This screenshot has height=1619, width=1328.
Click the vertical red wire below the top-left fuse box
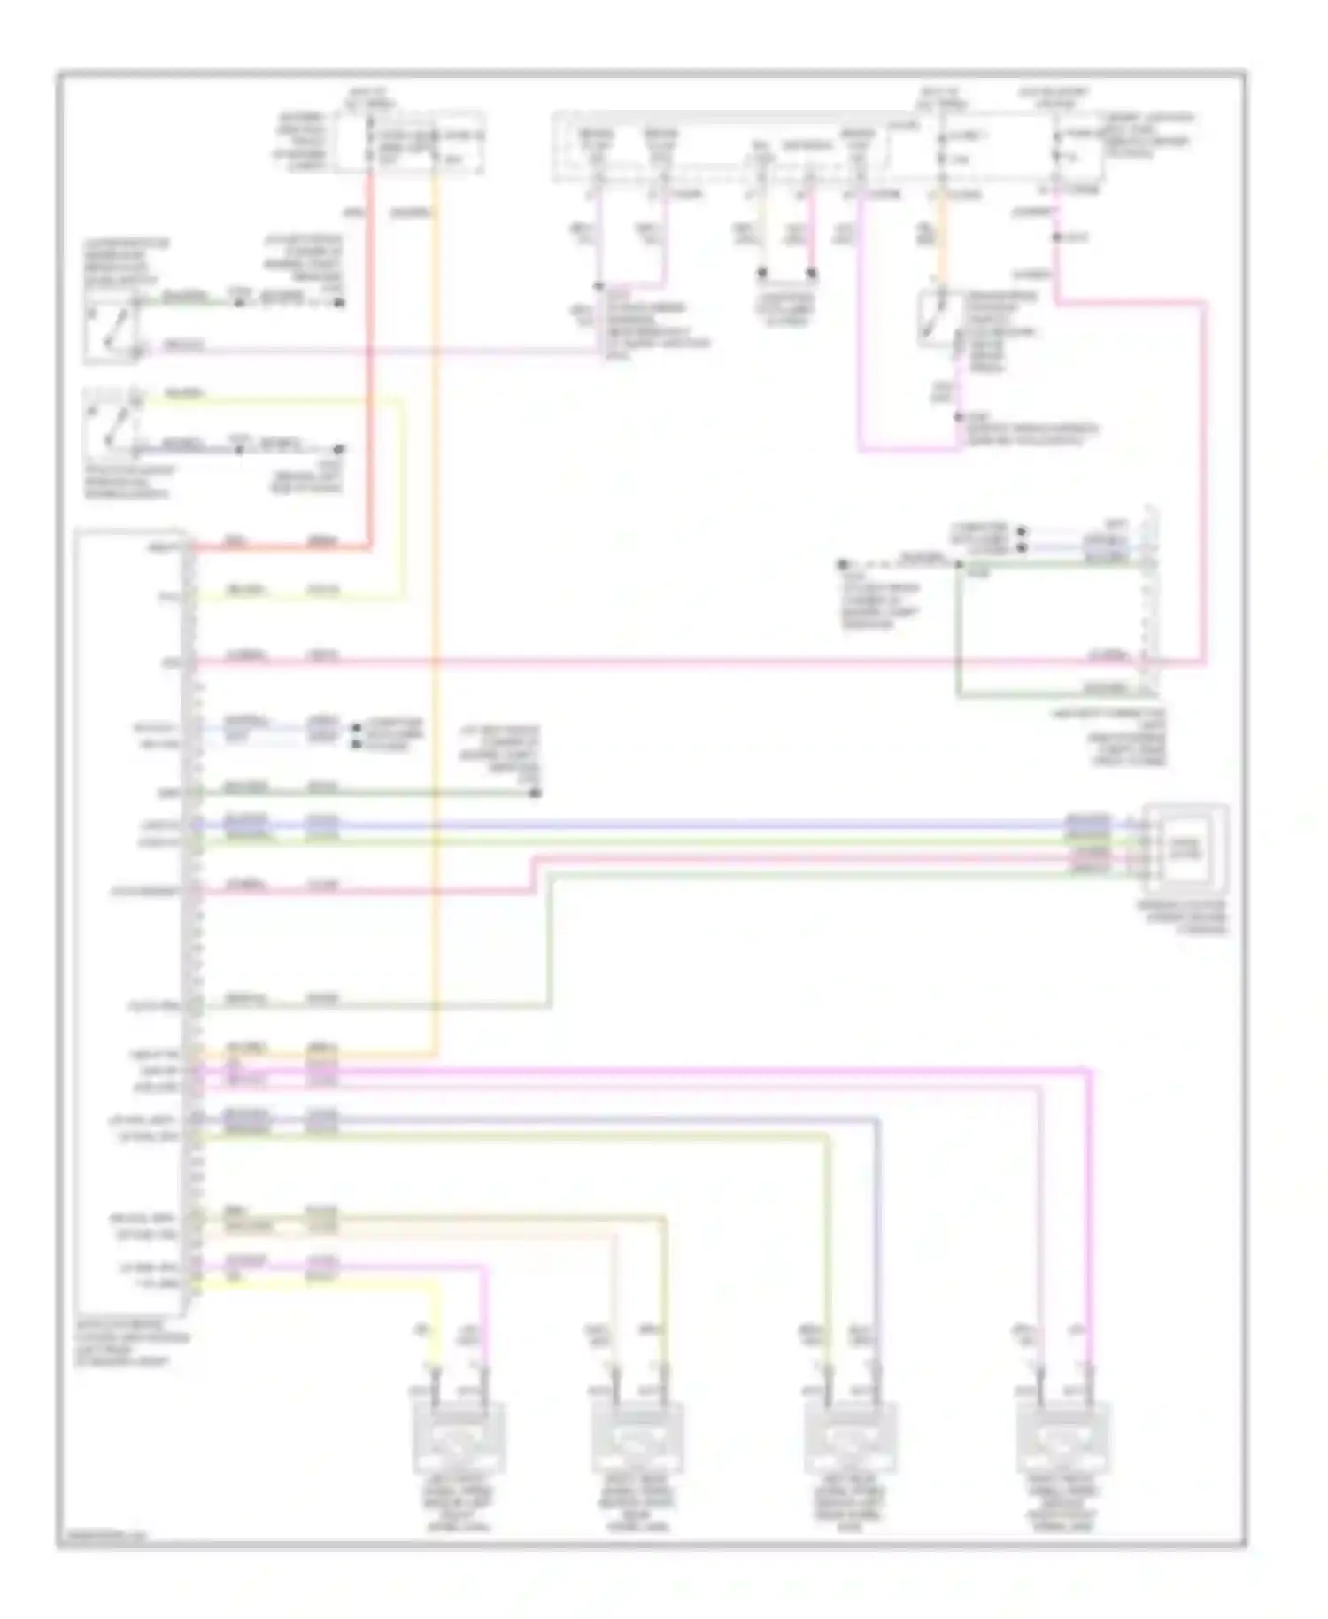tap(370, 354)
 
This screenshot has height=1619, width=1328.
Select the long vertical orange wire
tap(436, 620)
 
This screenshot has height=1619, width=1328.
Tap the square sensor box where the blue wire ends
tap(1185, 848)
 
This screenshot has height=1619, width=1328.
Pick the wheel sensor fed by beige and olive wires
tap(637, 1438)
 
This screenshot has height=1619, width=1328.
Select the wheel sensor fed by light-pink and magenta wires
tap(1063, 1438)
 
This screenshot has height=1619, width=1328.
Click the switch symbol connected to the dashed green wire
tap(111, 329)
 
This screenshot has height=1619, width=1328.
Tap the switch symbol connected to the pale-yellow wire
tap(111, 423)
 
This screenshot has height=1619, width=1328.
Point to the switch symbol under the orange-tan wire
tap(935, 317)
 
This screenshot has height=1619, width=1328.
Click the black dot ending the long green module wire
tap(535, 793)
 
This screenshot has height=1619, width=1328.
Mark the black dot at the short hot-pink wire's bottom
tap(811, 274)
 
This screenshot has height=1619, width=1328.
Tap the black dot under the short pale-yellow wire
tap(762, 274)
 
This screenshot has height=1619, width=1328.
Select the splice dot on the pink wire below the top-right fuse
tap(1056, 237)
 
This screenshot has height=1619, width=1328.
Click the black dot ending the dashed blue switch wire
tap(338, 450)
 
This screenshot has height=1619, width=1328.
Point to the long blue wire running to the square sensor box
tap(620, 825)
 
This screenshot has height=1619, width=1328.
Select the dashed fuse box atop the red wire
tap(411, 142)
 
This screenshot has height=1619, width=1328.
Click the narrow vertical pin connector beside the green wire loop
tap(1148, 602)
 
